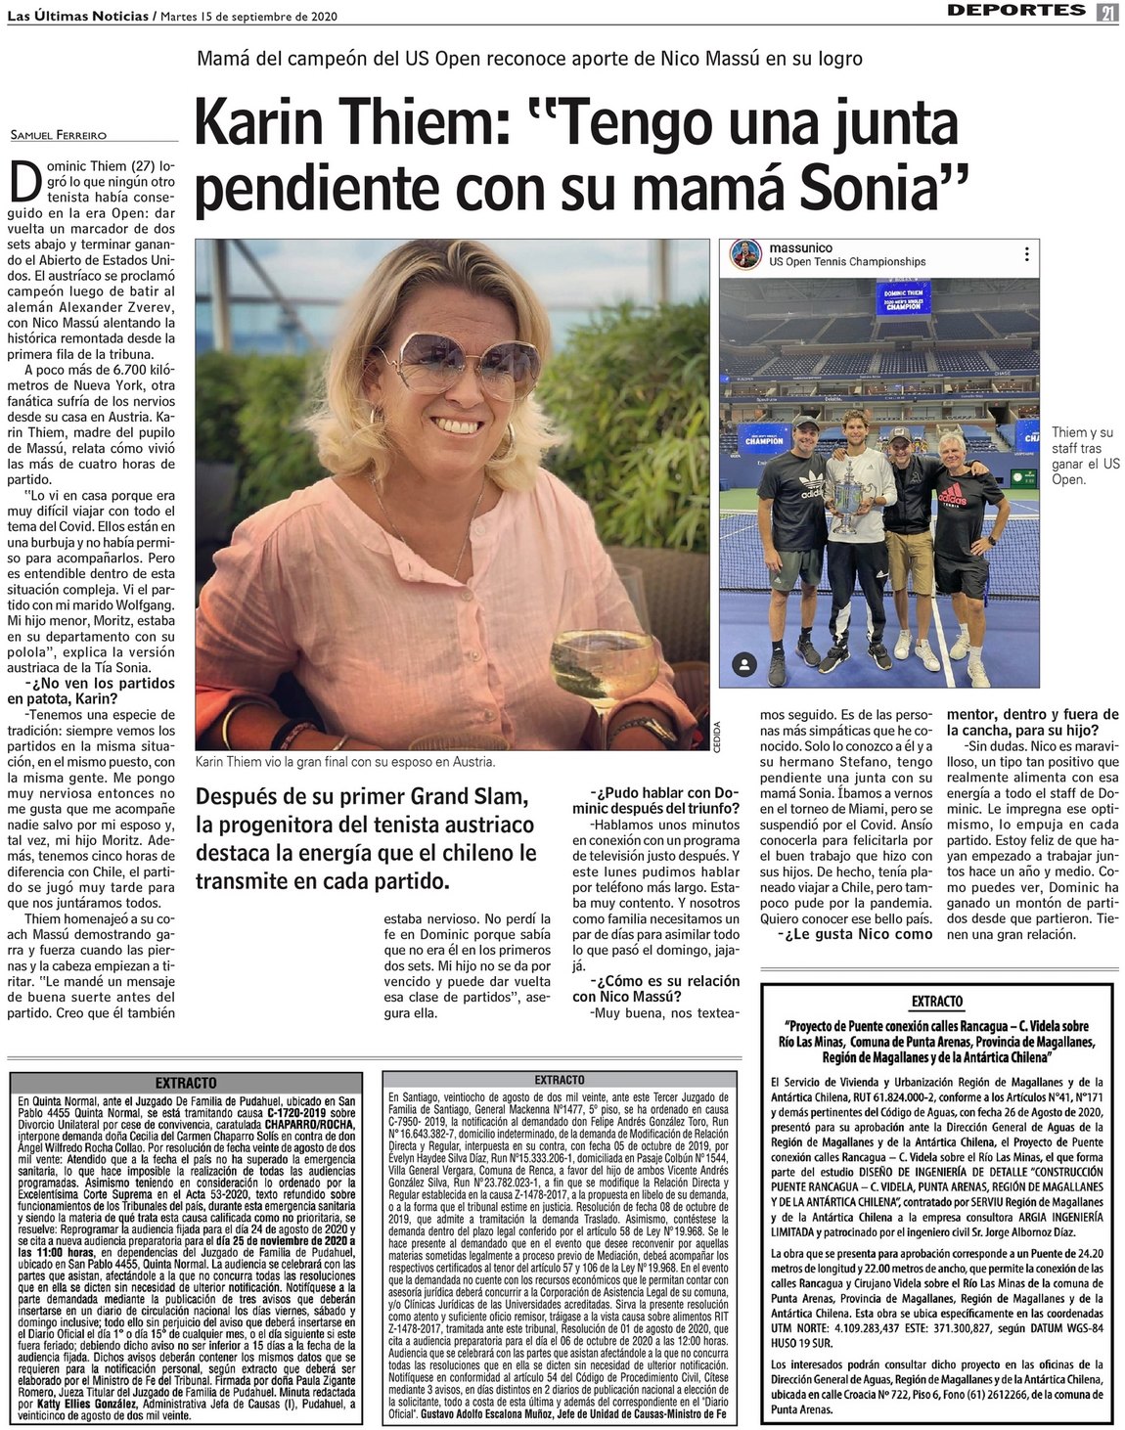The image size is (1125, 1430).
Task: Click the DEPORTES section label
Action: [1016, 11]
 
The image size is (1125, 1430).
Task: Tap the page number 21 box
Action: [1107, 11]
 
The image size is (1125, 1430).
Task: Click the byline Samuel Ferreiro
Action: [58, 134]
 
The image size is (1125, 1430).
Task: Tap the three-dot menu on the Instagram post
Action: [1026, 254]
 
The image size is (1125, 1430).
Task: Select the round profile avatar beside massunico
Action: [745, 255]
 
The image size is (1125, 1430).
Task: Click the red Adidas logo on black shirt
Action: [952, 496]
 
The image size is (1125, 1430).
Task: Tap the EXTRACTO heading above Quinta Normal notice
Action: [185, 1084]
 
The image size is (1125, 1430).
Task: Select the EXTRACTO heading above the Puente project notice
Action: [936, 1001]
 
